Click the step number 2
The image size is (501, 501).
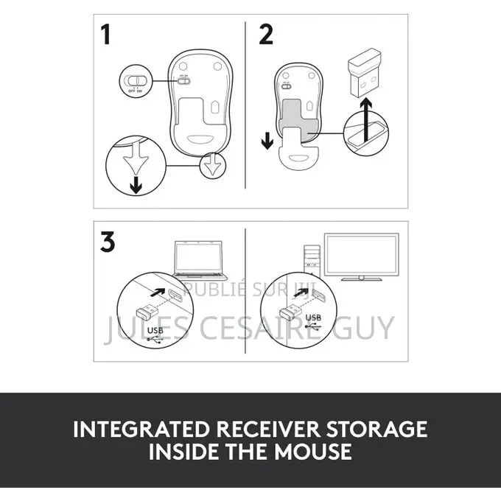click(x=265, y=35)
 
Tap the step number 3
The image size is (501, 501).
click(x=108, y=242)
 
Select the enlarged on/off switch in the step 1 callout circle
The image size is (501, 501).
click(x=136, y=80)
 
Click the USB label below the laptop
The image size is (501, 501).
click(x=155, y=331)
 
